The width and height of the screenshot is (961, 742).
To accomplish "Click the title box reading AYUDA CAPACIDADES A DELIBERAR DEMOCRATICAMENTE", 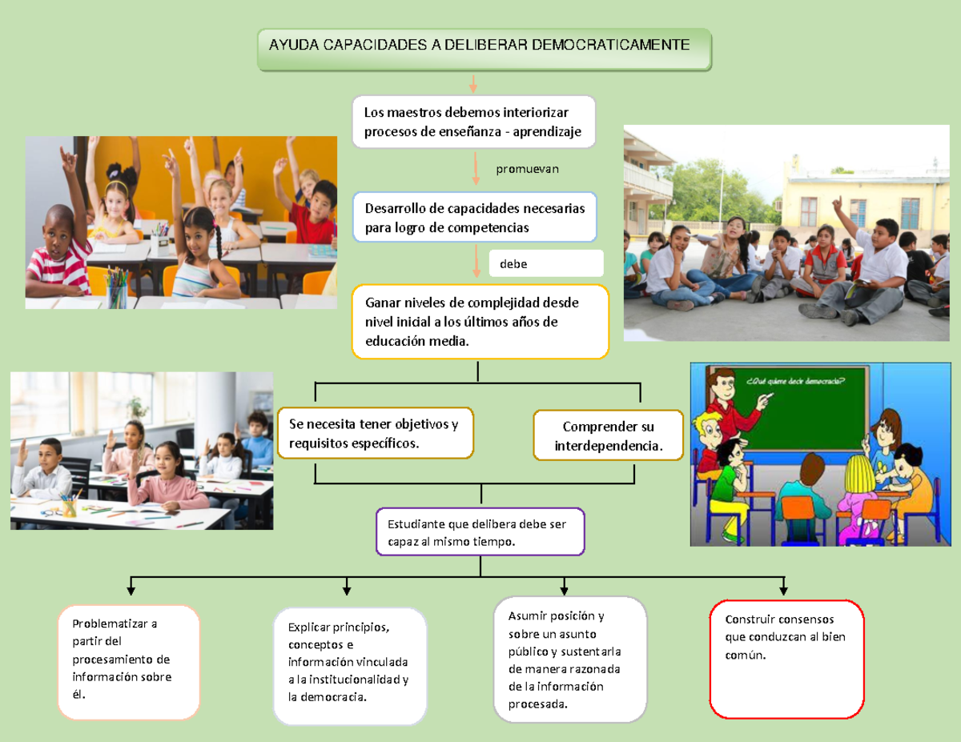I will pyautogui.click(x=484, y=50).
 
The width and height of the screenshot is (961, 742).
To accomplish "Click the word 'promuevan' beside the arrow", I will pyautogui.click(x=527, y=169).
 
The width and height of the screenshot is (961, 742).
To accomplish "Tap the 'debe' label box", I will pyautogui.click(x=545, y=263).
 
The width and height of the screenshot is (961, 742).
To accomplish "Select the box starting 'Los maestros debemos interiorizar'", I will pyautogui.click(x=473, y=122).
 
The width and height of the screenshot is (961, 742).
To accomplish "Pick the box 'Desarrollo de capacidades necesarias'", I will pyautogui.click(x=475, y=218).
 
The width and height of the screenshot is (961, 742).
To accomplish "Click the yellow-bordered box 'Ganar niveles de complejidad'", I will pyautogui.click(x=480, y=322).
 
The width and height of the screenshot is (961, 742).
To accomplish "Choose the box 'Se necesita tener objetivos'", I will pyautogui.click(x=376, y=434).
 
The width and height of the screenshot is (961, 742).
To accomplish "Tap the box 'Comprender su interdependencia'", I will pyautogui.click(x=609, y=436).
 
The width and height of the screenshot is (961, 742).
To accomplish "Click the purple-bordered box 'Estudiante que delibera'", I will pyautogui.click(x=480, y=533).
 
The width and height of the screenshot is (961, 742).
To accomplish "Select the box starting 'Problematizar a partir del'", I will pyautogui.click(x=128, y=662).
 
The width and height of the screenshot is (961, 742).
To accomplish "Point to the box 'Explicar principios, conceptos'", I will pyautogui.click(x=350, y=666).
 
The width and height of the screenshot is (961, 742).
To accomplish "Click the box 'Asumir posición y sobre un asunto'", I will pyautogui.click(x=569, y=660).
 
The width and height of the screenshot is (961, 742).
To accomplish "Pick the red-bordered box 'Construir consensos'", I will pyautogui.click(x=786, y=660).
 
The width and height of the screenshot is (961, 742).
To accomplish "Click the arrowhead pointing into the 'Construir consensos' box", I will pyautogui.click(x=783, y=590).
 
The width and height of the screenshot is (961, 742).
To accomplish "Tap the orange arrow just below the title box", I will pyautogui.click(x=473, y=83).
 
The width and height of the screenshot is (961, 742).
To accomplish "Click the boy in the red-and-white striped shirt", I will pyautogui.click(x=60, y=256).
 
